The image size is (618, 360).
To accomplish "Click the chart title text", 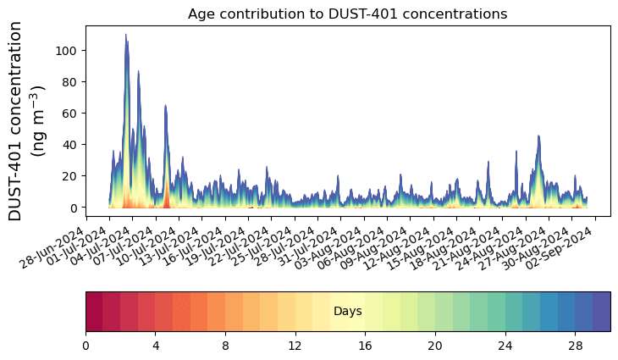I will tap(347, 14).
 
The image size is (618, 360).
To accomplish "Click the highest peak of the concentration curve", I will tap(126, 35).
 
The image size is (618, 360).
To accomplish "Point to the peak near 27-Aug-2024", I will tap(538, 136).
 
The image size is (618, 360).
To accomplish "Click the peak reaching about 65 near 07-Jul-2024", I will tap(165, 106).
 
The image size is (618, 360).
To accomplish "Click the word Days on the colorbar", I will tap(347, 312).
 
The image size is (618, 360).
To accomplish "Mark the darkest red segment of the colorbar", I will tap(94, 311).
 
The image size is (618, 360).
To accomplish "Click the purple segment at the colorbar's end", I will tap(602, 311).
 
